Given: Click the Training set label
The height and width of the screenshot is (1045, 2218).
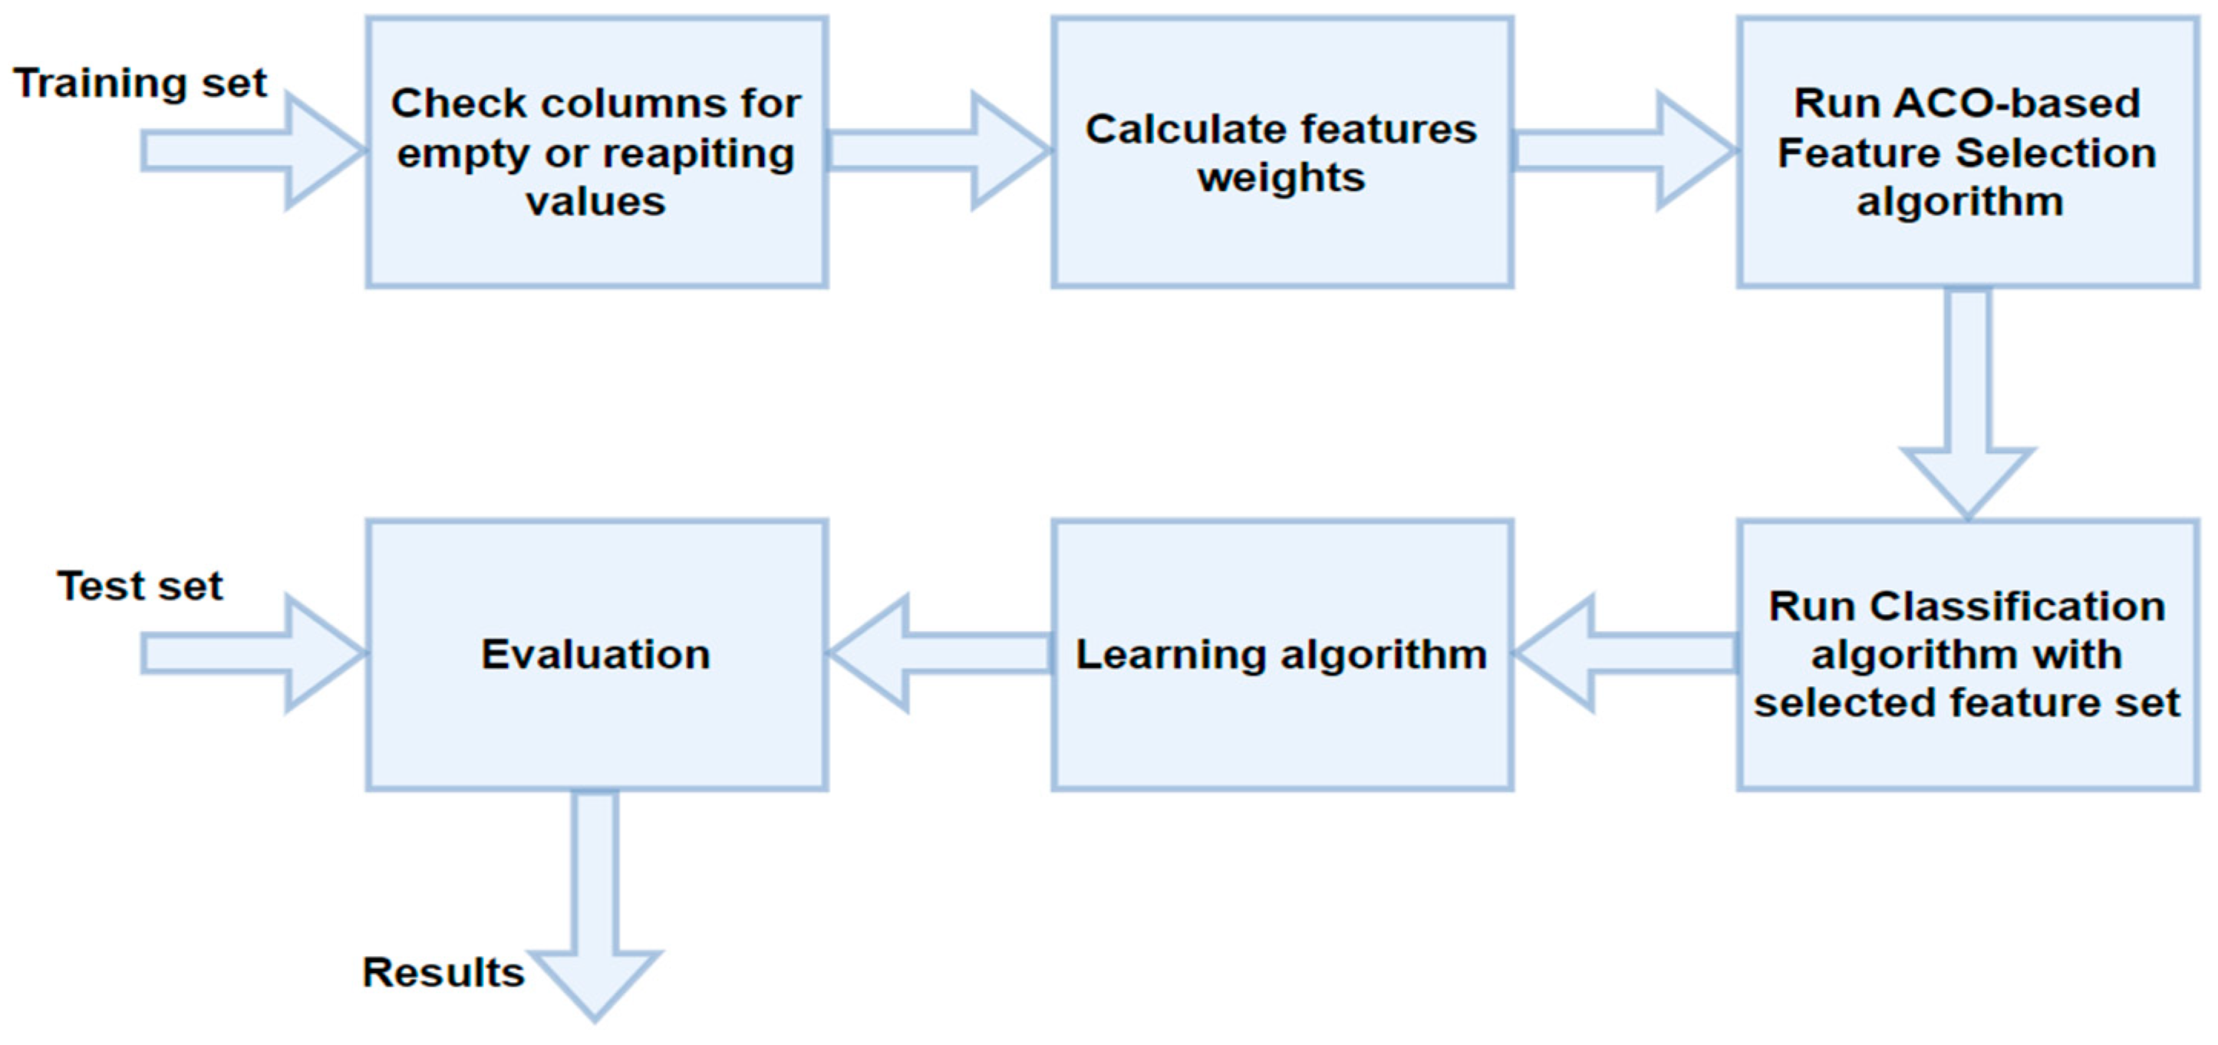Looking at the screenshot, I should [140, 84].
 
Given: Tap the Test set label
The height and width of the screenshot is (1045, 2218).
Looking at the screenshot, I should [140, 587].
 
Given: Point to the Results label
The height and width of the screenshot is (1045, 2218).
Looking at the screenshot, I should [443, 973].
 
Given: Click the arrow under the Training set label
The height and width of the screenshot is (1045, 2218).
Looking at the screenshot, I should [249, 150].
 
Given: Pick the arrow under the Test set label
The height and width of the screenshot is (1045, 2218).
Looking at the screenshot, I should [249, 654].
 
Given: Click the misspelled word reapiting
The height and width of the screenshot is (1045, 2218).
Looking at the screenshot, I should [697, 154].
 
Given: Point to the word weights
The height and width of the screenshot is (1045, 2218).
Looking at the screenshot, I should [1281, 178].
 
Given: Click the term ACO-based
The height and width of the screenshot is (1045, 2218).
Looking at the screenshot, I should [2016, 104].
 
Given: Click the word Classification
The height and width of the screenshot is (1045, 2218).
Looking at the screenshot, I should [2018, 607].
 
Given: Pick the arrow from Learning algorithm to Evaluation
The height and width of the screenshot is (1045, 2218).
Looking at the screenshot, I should [938, 654].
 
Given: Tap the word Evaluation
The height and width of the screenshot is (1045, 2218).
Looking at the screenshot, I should [595, 655].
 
